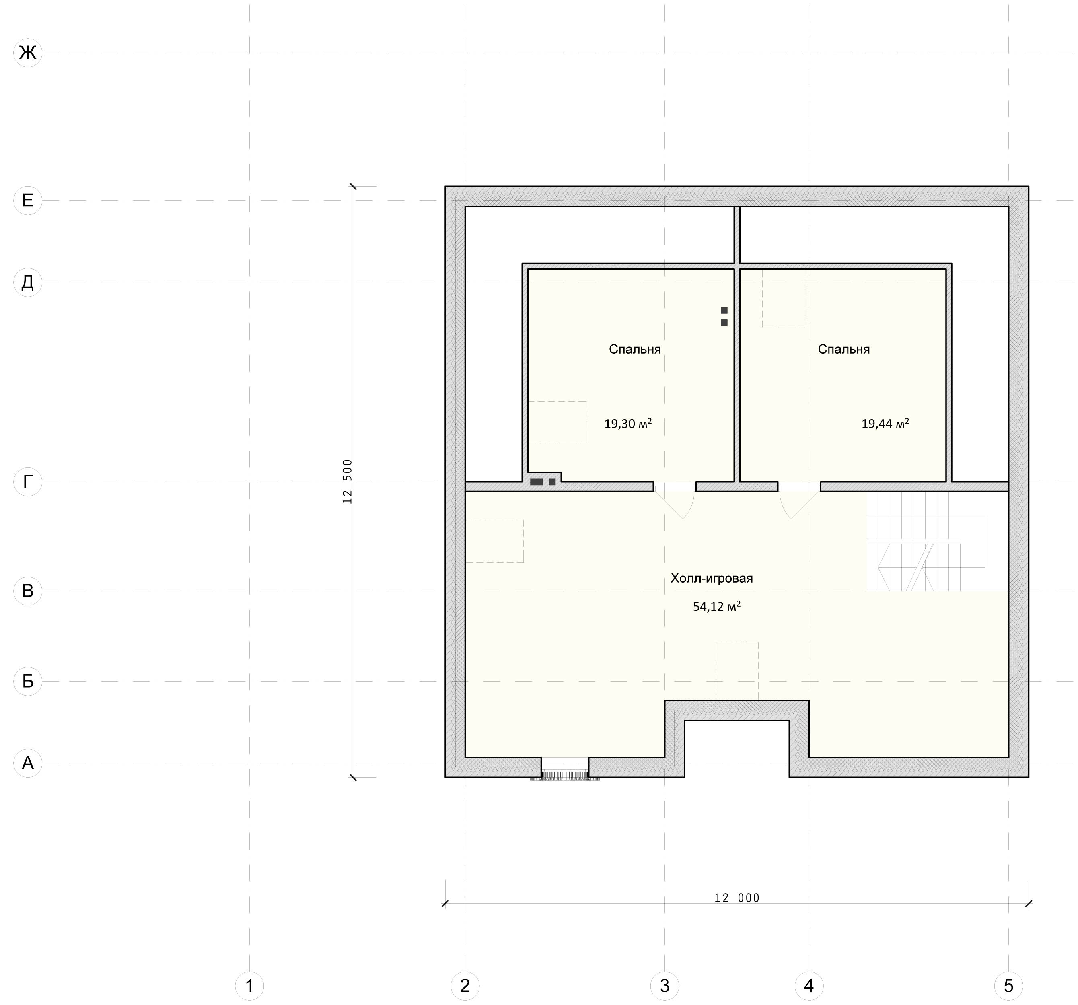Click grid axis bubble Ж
pos(28,53)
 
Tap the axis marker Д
pos(28,282)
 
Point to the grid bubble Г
pos(28,482)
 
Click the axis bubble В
pos(28,591)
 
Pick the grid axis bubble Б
pos(28,681)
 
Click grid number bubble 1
pos(249,985)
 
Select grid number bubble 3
pos(665,985)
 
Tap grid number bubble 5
pos(1008,985)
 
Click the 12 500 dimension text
pos(348,482)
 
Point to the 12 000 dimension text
pos(737,898)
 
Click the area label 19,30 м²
pos(628,424)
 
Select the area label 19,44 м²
pos(885,424)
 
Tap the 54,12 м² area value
pos(717,606)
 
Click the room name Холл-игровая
pos(712,578)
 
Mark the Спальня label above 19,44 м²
pos(844,349)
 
